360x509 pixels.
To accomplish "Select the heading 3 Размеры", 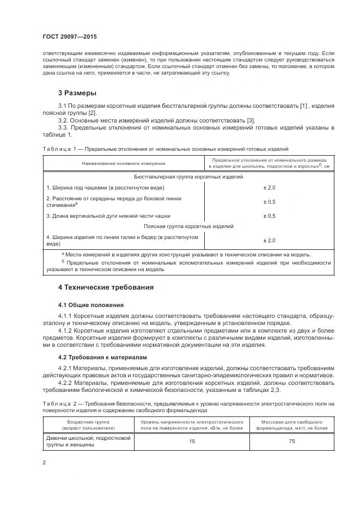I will [77, 93].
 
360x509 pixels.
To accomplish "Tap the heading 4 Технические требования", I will [106, 287].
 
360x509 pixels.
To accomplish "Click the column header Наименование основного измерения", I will [124, 163].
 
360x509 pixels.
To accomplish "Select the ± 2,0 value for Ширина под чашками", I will [269, 188].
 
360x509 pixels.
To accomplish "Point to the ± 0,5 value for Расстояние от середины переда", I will [269, 202].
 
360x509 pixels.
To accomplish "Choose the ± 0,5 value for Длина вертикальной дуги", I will [269, 216].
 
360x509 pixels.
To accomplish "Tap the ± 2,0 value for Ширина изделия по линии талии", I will [269, 240].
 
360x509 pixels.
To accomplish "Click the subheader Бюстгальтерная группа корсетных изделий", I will [188, 177].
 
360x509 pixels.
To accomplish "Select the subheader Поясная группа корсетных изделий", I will [188, 226].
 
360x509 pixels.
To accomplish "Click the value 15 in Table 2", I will [192, 441].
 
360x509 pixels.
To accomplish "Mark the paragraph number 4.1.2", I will [67, 331].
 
